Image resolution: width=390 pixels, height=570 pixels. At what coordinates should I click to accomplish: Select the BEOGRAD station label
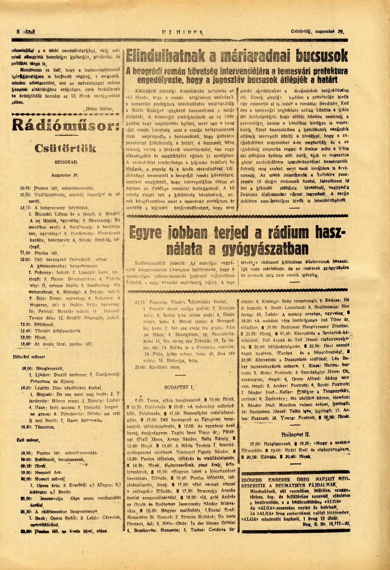(66, 163)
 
